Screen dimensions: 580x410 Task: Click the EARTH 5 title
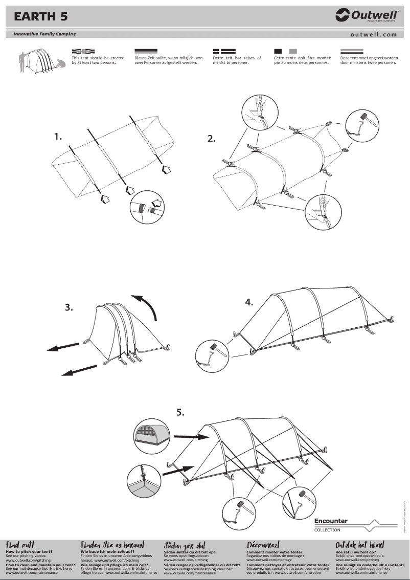[40, 16]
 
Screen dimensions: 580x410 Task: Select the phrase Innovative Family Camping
[41, 34]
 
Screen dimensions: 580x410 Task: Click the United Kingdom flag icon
[83, 52]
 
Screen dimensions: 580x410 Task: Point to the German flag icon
[146, 52]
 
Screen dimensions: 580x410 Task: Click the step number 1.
[58, 137]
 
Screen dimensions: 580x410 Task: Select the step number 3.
[69, 308]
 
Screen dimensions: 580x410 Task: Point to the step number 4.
[249, 302]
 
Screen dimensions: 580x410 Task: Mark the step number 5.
[180, 412]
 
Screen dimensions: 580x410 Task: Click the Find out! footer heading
[20, 545]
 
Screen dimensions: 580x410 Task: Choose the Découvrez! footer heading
[263, 545]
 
